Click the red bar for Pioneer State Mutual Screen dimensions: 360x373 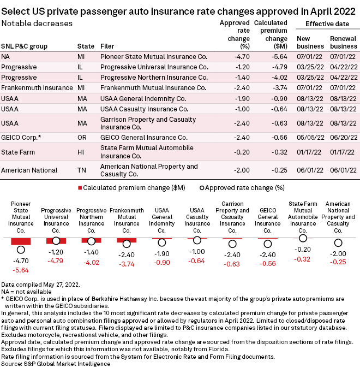(21, 241)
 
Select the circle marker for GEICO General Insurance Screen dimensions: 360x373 (268, 244)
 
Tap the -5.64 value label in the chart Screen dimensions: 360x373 (21, 270)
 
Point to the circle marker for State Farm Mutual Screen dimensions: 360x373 (303, 238)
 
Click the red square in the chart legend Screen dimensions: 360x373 (80, 188)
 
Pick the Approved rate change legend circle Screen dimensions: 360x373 (202, 188)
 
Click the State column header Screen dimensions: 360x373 (86, 46)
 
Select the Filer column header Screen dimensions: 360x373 (107, 46)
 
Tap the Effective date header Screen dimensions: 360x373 (327, 24)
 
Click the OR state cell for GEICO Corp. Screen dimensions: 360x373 (82, 138)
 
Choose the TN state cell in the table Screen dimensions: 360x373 (81, 170)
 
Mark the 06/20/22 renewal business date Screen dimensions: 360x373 (344, 138)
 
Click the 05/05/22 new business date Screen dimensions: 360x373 (310, 138)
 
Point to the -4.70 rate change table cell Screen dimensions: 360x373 (242, 57)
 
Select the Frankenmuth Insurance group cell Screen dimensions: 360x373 (37, 88)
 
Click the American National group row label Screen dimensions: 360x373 (29, 170)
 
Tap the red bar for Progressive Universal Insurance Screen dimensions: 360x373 (56, 241)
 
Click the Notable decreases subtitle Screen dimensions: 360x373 (37, 23)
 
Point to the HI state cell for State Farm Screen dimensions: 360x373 (81, 152)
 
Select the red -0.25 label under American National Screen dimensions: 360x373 (338, 262)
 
